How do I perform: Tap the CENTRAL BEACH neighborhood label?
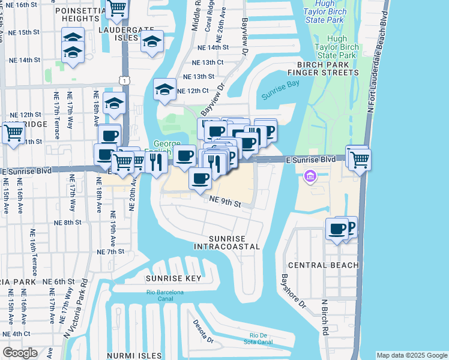click(x=323, y=265)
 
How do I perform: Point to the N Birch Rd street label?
click(x=324, y=317)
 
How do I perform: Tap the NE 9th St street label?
click(x=225, y=203)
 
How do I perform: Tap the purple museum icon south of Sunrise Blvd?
click(x=310, y=177)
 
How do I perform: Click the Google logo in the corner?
click(x=20, y=353)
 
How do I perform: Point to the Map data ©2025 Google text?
click(x=411, y=355)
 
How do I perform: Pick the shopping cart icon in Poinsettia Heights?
click(x=116, y=7)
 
